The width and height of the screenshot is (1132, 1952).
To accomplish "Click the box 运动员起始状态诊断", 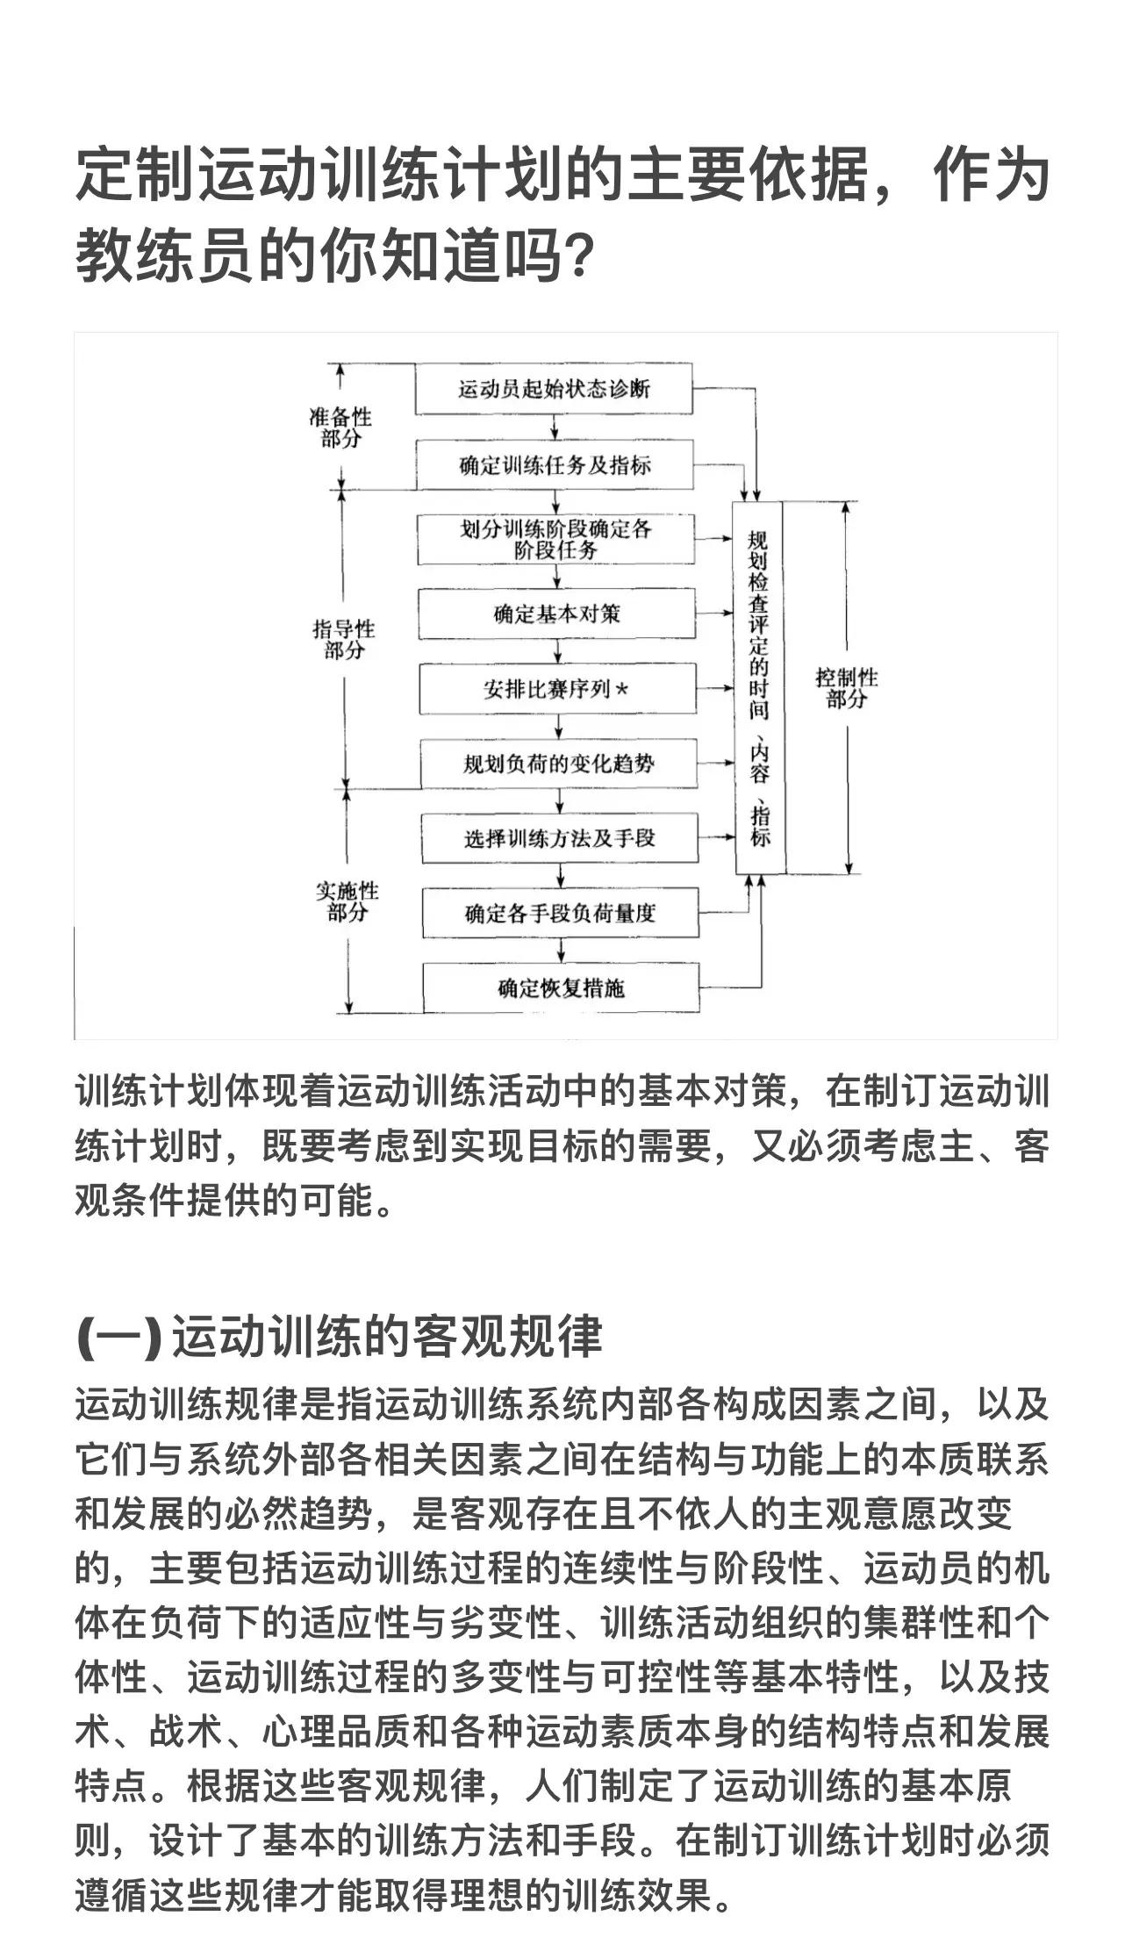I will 554,388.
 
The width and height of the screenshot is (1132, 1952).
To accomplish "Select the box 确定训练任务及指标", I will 555,464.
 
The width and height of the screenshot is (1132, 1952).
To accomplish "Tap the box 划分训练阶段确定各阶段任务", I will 555,539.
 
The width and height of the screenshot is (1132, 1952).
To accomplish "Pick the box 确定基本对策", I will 556,614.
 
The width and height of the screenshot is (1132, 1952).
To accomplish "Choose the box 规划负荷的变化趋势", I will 558,764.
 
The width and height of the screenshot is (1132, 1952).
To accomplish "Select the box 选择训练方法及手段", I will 559,838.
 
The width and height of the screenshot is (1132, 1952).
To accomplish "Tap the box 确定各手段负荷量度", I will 560,913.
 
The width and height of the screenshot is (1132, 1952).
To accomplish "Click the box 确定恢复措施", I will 561,988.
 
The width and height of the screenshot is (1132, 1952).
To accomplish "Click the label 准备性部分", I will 340,427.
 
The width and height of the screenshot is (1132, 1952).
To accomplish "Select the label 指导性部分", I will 344,639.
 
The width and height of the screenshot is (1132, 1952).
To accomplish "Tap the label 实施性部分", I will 347,901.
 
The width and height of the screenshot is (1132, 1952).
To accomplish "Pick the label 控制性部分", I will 846,687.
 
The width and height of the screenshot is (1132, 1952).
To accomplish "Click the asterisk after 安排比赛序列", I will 622,689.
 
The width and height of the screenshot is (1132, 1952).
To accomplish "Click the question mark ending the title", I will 580,256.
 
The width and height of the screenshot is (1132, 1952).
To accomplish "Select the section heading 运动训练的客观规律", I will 387,1337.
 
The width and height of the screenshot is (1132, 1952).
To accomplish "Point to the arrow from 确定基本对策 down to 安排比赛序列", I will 558,651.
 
